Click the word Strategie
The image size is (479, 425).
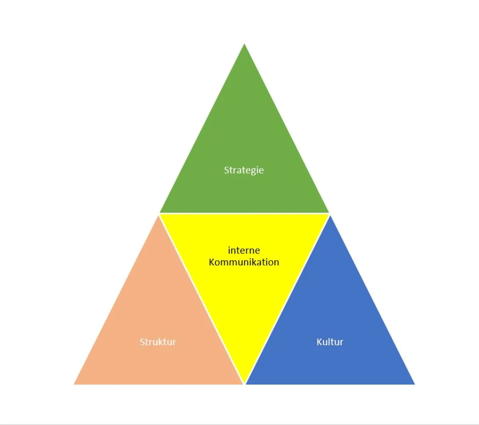tap(244, 170)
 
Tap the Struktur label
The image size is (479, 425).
tap(158, 342)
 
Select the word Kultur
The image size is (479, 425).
tap(330, 342)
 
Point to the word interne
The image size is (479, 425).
tap(244, 250)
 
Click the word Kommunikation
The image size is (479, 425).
tap(244, 262)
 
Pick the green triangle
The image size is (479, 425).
tap(244, 156)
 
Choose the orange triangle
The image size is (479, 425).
tap(158, 326)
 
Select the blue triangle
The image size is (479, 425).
tap(330, 326)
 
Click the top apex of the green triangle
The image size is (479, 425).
tap(244, 43)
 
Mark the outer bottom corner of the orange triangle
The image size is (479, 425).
tap(74, 384)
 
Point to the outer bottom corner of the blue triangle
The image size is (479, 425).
tap(415, 384)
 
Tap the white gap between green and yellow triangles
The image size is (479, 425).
tap(244, 213)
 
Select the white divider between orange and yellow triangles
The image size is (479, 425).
tap(202, 299)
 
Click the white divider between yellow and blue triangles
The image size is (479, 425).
tap(287, 299)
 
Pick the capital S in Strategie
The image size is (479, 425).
tap(227, 170)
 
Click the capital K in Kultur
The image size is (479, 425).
tap(319, 342)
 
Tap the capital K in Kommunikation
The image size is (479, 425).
tap(212, 262)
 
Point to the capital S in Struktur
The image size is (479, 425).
tap(143, 342)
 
